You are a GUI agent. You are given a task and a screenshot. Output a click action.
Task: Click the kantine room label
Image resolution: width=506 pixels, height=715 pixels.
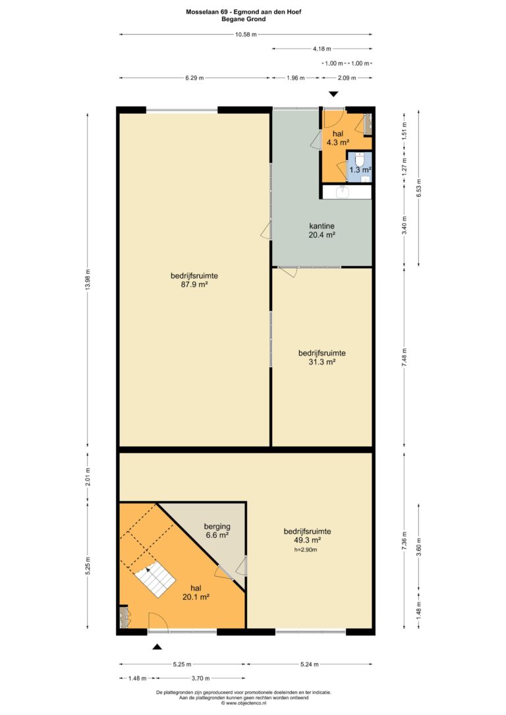click(322, 226)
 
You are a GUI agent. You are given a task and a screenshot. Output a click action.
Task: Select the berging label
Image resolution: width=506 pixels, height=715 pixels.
click(217, 527)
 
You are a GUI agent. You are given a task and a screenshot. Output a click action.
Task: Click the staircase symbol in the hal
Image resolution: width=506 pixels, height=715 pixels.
click(155, 580)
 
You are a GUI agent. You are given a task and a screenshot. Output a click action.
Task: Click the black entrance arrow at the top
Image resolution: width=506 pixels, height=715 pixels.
click(334, 94)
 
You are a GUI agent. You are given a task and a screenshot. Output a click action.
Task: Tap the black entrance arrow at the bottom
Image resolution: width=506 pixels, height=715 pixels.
click(157, 647)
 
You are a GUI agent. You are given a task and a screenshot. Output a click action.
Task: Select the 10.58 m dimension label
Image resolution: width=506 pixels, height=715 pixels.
click(246, 34)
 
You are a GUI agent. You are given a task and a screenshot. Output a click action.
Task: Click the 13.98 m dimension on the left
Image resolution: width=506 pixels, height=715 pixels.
click(88, 280)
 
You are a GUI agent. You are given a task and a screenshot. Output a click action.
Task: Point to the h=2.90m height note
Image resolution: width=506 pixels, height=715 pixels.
click(306, 550)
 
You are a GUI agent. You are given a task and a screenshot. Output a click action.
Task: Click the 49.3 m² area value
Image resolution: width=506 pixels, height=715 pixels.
click(307, 540)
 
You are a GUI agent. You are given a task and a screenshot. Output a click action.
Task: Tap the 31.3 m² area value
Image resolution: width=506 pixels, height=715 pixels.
click(322, 362)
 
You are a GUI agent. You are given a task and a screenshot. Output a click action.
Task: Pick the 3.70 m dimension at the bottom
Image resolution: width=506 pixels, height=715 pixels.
click(200, 678)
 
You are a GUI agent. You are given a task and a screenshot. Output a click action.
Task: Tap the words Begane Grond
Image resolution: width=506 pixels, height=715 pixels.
click(244, 19)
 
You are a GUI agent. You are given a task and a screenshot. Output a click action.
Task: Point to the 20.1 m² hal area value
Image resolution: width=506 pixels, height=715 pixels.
click(196, 596)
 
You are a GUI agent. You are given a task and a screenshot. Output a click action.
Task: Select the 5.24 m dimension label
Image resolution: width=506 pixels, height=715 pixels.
click(310, 664)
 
